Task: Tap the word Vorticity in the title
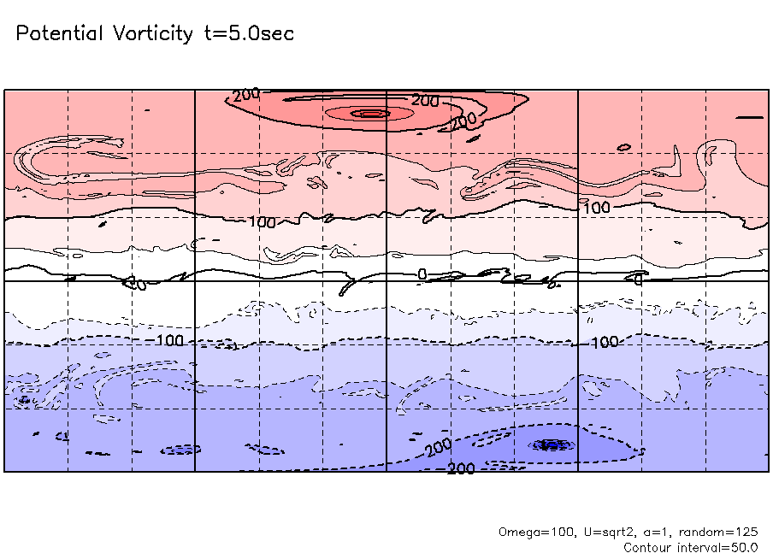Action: pos(152,34)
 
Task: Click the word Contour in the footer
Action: pos(647,547)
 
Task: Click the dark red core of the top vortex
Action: pos(371,113)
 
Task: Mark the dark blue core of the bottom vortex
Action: pos(549,444)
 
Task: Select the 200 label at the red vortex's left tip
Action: pos(246,95)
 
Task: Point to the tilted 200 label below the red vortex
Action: pos(463,121)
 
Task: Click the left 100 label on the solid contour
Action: pos(263,222)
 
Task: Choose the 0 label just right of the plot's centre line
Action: pos(422,274)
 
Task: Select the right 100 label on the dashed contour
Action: pos(605,342)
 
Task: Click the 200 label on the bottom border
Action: pos(462,468)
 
